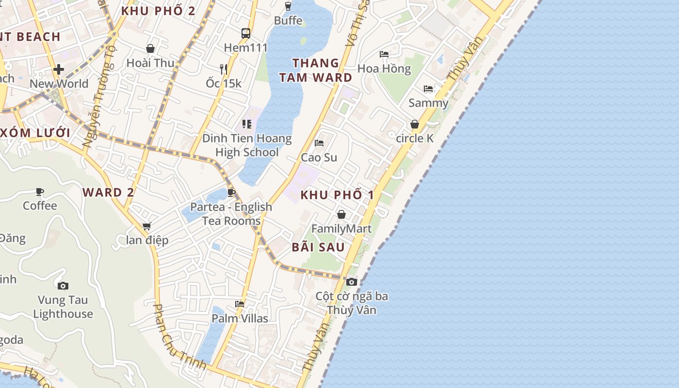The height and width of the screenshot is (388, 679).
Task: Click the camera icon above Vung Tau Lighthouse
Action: tap(63, 286)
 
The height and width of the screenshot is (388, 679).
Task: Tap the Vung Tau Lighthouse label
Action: tap(63, 307)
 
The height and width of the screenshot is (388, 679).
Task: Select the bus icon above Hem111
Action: tap(246, 33)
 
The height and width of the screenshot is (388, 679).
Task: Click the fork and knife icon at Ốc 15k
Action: tap(224, 69)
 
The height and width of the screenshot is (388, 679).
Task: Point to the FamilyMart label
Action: tap(341, 228)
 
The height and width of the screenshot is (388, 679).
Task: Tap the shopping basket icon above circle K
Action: tap(415, 124)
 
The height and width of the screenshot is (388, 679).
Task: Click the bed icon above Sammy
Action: tap(428, 89)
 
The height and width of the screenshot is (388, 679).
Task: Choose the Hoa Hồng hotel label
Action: tap(384, 68)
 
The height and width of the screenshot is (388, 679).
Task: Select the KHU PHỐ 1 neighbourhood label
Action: tap(338, 195)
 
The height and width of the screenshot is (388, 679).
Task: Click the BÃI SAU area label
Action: tap(318, 247)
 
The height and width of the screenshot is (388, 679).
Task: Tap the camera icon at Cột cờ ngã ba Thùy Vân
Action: tap(352, 282)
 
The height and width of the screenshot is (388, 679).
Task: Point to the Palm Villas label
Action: tap(240, 318)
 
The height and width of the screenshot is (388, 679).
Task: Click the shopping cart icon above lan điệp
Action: tap(146, 226)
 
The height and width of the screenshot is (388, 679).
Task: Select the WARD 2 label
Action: tap(108, 192)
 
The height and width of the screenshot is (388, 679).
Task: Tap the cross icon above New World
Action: tap(59, 69)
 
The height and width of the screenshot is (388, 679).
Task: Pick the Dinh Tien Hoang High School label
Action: tap(247, 145)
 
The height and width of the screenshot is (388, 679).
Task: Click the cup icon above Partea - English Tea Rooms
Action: tap(231, 193)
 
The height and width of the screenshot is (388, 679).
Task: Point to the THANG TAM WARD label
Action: tap(315, 70)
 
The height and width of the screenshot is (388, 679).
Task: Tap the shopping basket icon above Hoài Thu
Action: tap(150, 48)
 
